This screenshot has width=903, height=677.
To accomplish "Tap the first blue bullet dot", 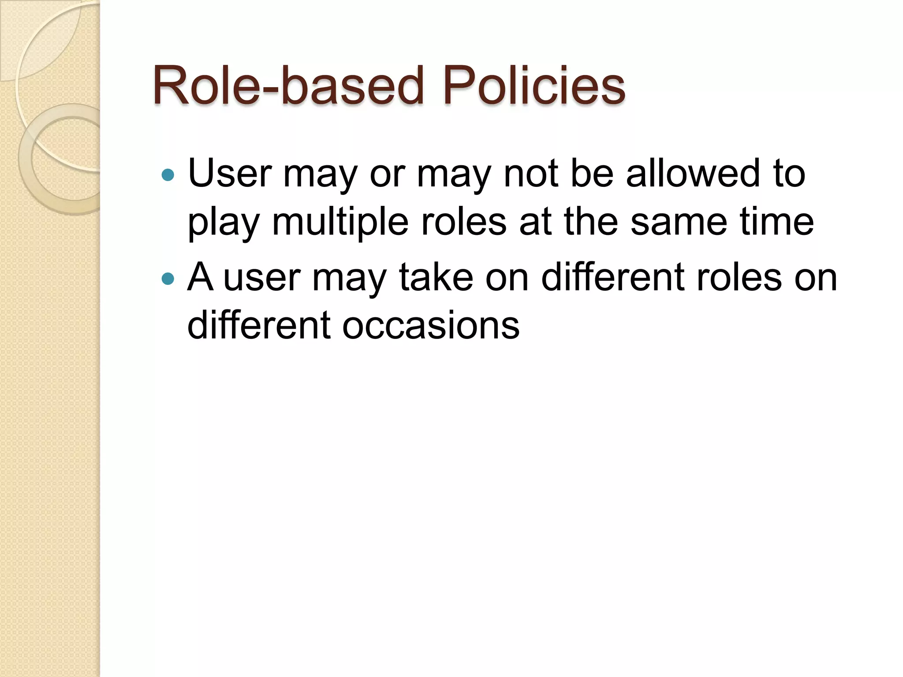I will click(168, 175).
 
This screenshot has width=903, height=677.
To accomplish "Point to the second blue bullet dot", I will click(168, 279).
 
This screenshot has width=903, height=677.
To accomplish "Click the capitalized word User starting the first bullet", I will click(229, 174).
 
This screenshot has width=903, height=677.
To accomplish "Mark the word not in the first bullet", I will click(531, 174).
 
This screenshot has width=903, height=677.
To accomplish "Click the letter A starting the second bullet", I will click(201, 277).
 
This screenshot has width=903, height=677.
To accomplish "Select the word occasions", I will click(431, 326).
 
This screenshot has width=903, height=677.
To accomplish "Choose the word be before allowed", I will click(592, 174).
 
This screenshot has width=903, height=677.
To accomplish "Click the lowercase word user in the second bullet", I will click(262, 278).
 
